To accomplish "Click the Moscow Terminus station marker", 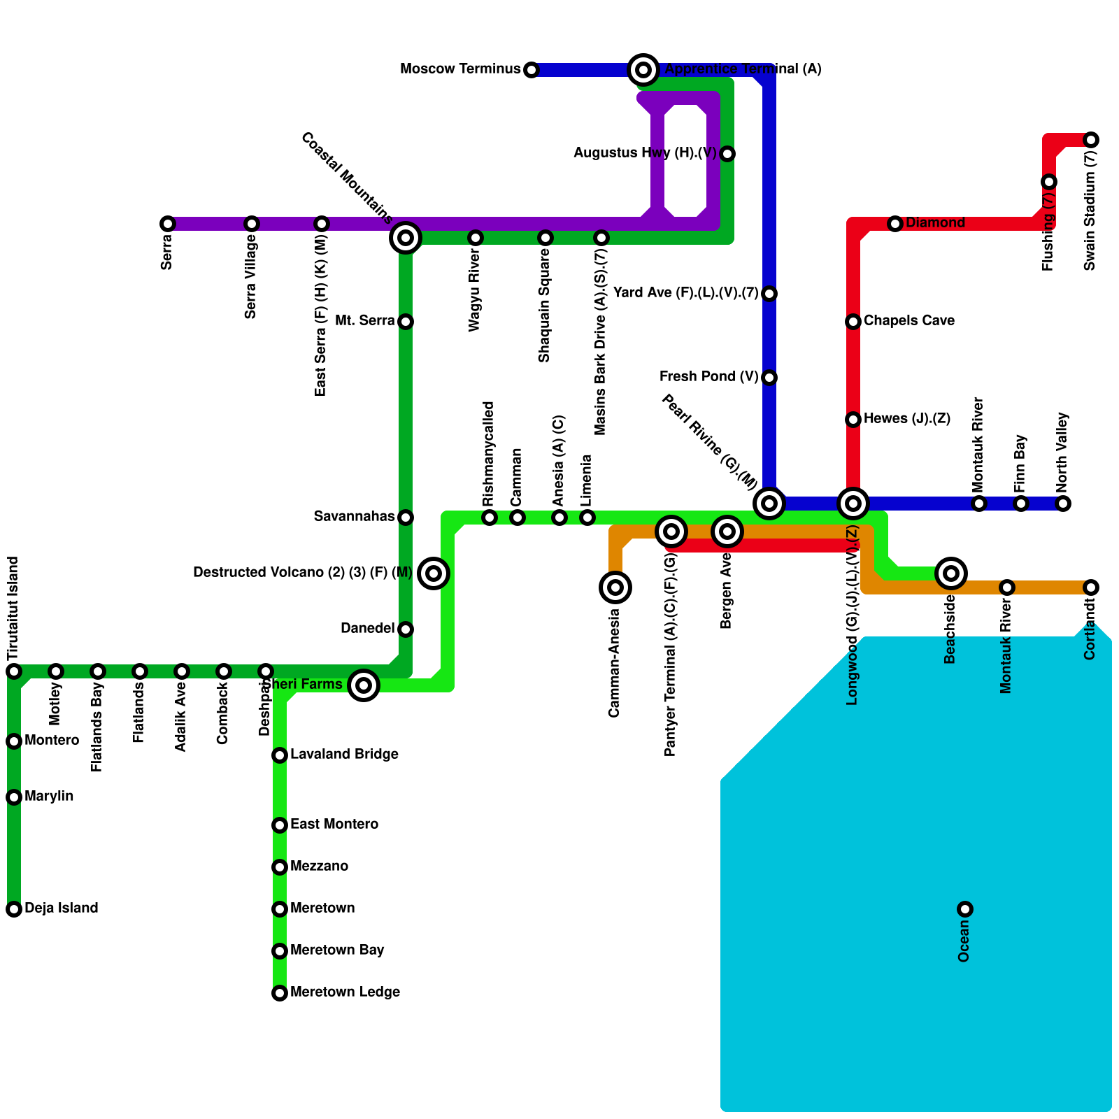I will tap(532, 70).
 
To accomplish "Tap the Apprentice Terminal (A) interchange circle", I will tap(643, 69).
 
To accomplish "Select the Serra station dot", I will tap(168, 224).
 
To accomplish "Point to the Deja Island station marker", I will tap(14, 909).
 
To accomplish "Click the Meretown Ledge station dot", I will tap(280, 993).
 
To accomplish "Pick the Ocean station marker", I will tap(965, 909).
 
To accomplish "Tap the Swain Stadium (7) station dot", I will tap(1091, 140).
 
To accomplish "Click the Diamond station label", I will tap(935, 223).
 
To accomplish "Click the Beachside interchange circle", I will tap(951, 573).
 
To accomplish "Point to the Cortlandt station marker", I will tap(1091, 587).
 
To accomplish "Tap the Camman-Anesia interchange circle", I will tap(615, 587).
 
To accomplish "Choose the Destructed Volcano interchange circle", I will tap(434, 573).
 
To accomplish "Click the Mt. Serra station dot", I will tap(406, 322).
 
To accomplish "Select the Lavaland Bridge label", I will tap(344, 755).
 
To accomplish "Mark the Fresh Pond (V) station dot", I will tap(769, 378).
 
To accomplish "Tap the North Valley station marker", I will tap(1063, 504).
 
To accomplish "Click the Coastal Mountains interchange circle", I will tap(406, 238).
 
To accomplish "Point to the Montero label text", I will tap(52, 741).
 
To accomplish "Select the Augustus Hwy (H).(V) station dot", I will tap(727, 154).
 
